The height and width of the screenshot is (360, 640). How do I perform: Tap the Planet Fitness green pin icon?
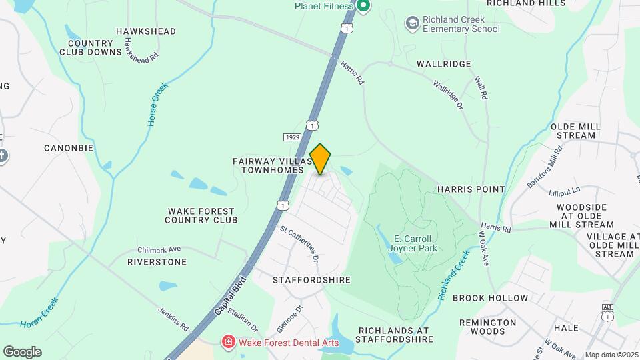coord(363,7)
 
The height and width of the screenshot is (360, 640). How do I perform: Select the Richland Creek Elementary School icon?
coord(413,23)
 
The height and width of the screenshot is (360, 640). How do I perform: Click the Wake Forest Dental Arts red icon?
coord(229,342)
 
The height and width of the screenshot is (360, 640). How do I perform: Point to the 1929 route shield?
coord(291,137)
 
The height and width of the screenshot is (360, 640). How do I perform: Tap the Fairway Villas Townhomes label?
coord(273,165)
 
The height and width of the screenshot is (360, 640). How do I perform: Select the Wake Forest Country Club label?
coord(201,215)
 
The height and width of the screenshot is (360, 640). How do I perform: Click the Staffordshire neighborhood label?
coord(311,280)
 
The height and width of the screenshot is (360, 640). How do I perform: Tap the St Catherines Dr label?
coord(299,243)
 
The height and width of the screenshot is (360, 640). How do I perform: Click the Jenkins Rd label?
coord(173,319)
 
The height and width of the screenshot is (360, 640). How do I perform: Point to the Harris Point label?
coord(471,189)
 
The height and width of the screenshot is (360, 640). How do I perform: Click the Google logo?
coord(22,351)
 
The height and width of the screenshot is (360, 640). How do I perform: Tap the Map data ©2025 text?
coord(611,355)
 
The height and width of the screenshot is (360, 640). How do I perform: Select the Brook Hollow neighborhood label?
coord(490,298)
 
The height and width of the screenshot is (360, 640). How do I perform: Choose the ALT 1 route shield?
coord(607,311)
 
